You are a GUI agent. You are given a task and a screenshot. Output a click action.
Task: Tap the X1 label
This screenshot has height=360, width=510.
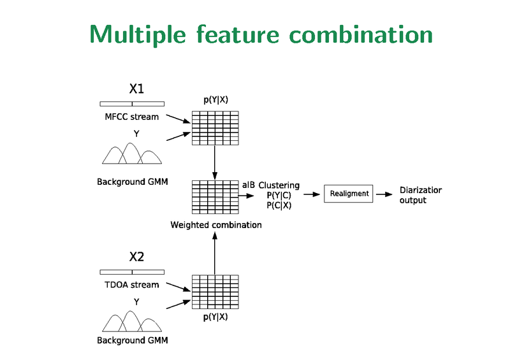[136, 89]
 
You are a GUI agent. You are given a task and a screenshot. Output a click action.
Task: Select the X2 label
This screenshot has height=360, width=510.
[136, 257]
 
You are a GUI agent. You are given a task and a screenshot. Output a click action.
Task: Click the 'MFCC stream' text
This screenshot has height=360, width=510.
[132, 117]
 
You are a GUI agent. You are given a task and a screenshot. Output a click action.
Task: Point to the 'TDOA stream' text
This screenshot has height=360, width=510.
[131, 285]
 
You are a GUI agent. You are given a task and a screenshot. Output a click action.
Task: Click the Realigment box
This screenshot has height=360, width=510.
[349, 194]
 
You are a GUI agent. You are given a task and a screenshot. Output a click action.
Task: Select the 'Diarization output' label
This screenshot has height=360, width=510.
[420, 195]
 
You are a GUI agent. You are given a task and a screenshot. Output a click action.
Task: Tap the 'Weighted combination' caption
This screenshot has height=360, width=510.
[215, 225]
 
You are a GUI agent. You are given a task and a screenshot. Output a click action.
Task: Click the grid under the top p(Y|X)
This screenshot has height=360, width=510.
[215, 127]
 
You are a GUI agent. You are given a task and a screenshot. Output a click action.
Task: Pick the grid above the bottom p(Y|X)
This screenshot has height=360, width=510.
[215, 292]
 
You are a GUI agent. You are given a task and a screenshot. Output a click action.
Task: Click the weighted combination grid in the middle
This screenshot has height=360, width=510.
[215, 197]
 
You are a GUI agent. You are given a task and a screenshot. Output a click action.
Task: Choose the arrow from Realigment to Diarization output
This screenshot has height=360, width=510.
[384, 194]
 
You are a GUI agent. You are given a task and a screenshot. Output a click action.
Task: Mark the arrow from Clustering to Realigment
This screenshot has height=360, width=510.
[312, 194]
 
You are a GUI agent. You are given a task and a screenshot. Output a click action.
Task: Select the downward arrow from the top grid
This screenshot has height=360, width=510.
[215, 162]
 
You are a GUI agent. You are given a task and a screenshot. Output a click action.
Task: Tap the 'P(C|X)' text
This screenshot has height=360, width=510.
[279, 205]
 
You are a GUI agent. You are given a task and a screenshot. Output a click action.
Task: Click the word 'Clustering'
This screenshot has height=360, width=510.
[279, 185]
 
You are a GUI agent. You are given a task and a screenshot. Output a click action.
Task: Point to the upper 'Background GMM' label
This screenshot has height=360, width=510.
[132, 182]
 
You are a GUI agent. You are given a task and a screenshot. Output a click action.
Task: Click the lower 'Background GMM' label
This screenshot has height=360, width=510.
[132, 340]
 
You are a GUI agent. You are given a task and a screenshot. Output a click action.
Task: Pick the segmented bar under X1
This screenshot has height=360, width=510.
[132, 103]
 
